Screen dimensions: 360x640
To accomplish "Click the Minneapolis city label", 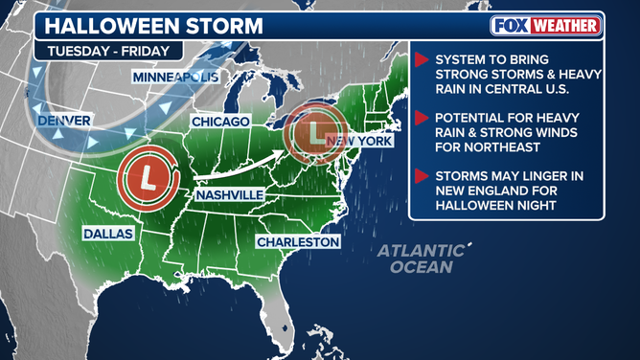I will pos(175,76).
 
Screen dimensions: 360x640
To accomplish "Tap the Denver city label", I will pos(63,121).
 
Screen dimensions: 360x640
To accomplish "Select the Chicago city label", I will pos(220,122).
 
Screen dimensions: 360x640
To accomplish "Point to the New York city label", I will pos(360,141).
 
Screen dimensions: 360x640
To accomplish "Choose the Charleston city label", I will pos(298,242).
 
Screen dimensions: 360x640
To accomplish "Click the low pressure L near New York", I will pos(317,129).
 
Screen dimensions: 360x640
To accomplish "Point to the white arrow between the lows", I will pos(240,163).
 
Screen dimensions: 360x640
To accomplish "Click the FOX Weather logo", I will pos(546,26).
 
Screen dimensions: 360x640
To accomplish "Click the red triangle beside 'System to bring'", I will pos(420,60).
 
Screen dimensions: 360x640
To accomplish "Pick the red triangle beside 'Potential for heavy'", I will pos(420,119).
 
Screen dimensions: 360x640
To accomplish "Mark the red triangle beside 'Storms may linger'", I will pos(420,175).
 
